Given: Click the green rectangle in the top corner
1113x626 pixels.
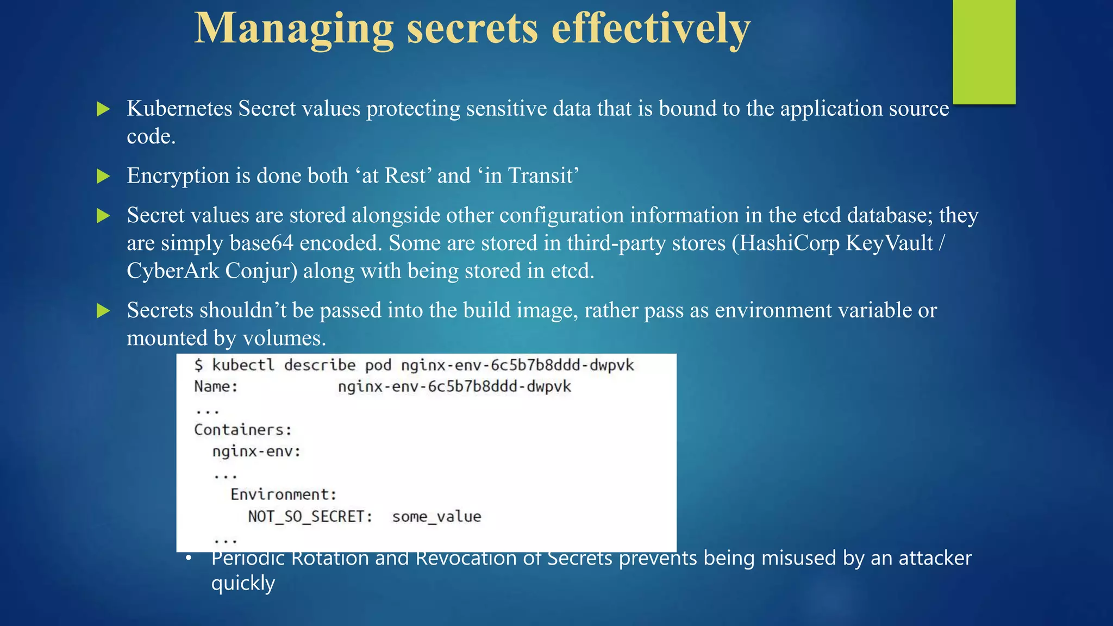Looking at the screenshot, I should point(984,52).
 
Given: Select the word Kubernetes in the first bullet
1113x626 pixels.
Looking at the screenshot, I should point(179,109).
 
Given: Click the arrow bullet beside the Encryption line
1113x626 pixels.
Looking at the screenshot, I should point(103,176).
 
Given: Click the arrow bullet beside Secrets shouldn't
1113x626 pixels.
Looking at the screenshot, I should point(103,311).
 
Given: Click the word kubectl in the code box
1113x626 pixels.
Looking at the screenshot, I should point(243,365).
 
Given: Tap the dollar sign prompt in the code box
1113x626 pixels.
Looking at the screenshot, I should point(199,365).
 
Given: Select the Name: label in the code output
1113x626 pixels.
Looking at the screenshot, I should point(216,387).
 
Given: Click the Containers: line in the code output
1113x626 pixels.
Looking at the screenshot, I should point(243,430).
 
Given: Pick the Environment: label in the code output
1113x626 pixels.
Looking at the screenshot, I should point(284,494).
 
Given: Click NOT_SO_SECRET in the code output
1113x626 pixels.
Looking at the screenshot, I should point(310,516).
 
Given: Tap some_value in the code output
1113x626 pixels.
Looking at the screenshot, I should point(436,516).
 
